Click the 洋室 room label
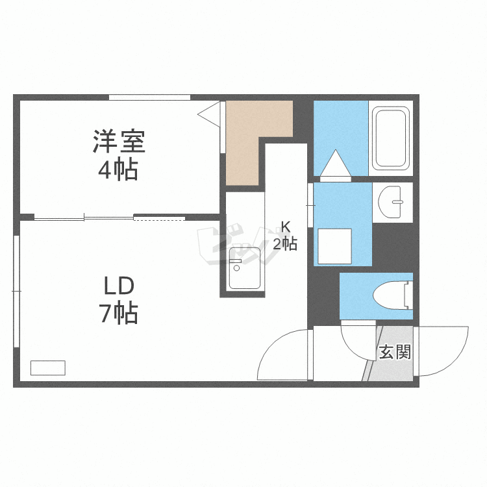(x=119, y=142)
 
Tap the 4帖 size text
(x=118, y=169)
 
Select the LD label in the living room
(x=119, y=286)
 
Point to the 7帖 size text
(x=118, y=313)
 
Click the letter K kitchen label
(x=285, y=227)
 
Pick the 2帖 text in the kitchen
(x=285, y=243)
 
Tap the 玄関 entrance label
(x=395, y=352)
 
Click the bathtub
(x=391, y=138)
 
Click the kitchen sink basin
(x=244, y=268)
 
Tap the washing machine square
(x=334, y=247)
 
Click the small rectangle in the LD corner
(x=48, y=368)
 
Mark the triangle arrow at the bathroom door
(x=336, y=163)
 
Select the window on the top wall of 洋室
(x=150, y=97)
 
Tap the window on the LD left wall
(x=16, y=292)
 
